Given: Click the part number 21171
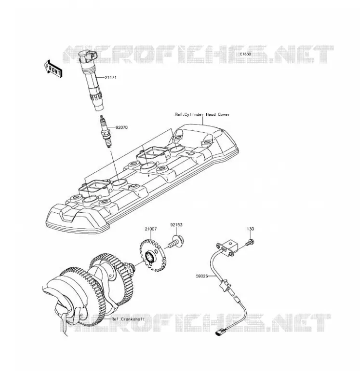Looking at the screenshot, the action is click(110, 77).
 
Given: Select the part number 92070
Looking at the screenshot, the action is click(122, 127).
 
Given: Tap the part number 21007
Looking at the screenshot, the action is click(150, 229).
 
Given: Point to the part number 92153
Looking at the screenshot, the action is click(176, 225).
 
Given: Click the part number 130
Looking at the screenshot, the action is click(250, 229).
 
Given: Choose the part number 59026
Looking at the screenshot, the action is click(202, 276).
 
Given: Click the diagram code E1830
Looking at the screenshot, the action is click(245, 54).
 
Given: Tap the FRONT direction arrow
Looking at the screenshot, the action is click(53, 69).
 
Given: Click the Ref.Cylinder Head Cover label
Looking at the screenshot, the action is click(202, 114).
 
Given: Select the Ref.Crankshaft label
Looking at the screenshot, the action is click(128, 319).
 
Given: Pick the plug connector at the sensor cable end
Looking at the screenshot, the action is click(220, 333).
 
